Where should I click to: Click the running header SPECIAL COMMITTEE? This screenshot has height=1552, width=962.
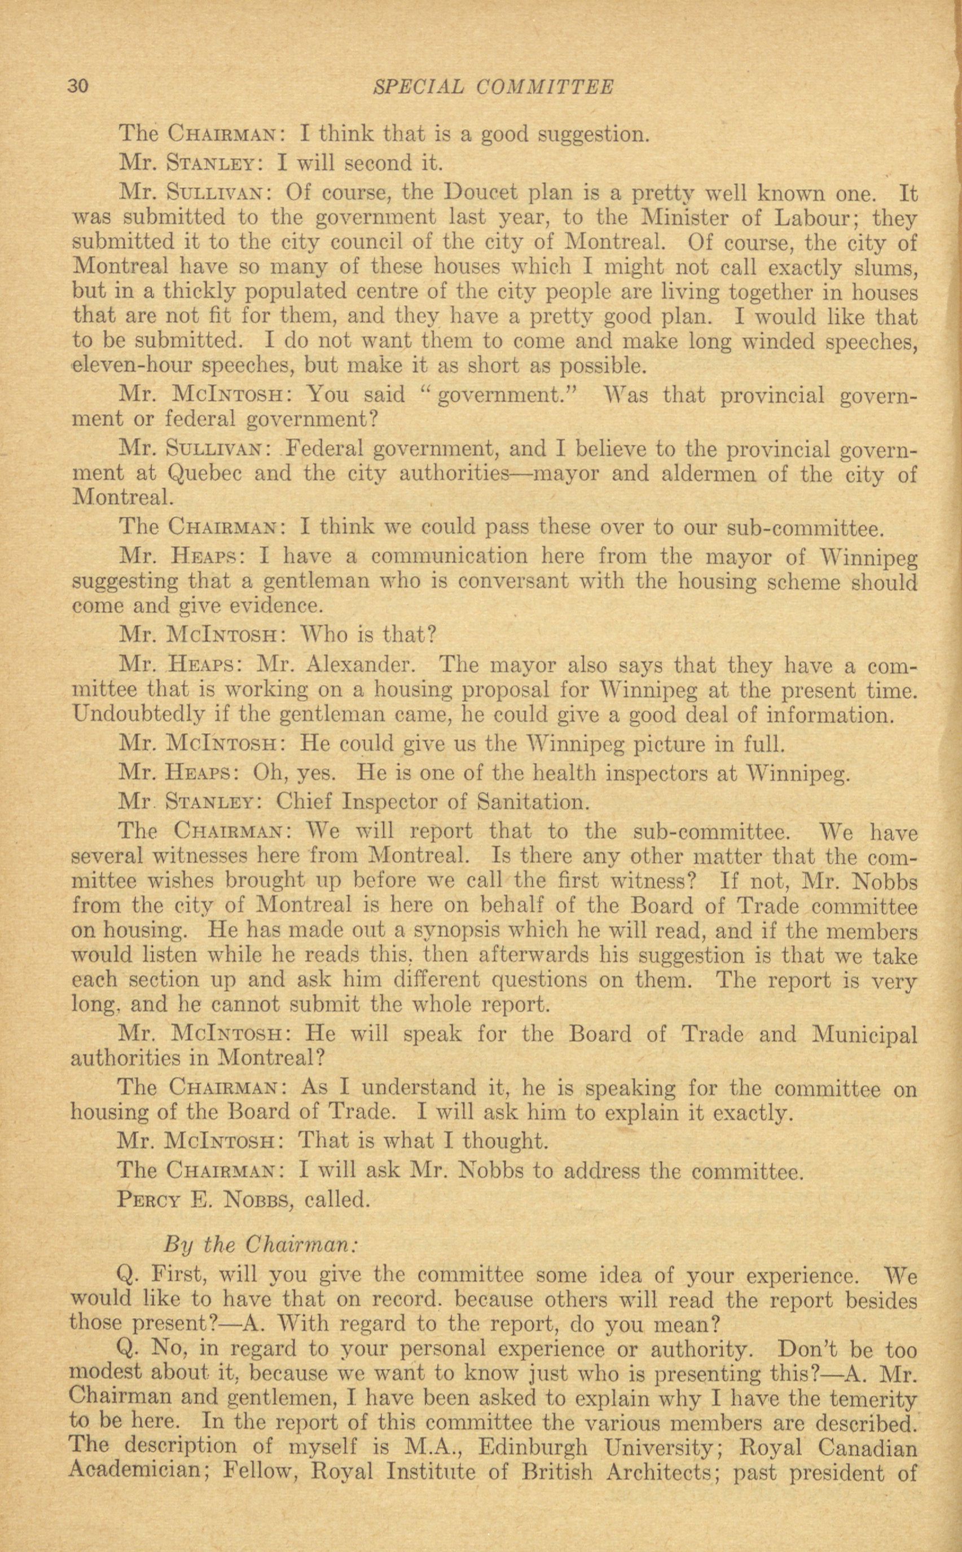pyautogui.click(x=493, y=86)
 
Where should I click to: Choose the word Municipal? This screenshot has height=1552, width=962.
pyautogui.click(x=864, y=1035)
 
